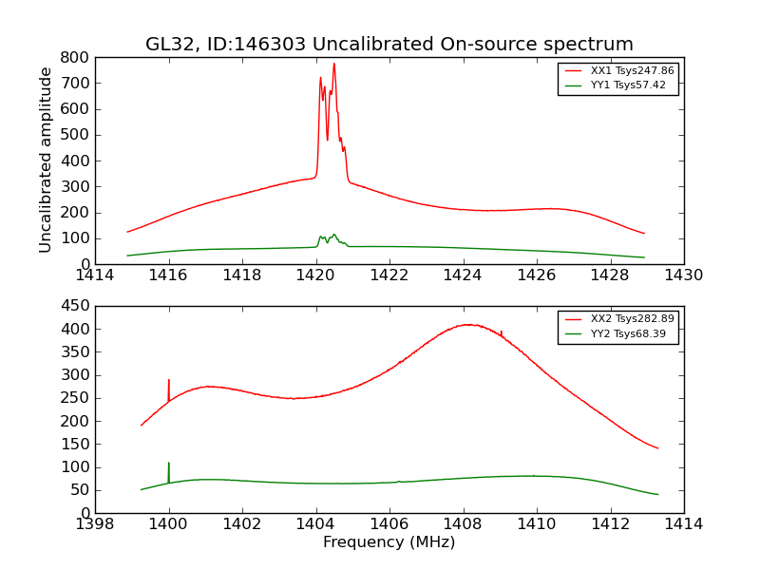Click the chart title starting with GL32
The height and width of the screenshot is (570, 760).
(389, 45)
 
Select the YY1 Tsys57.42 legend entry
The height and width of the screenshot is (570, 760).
(628, 85)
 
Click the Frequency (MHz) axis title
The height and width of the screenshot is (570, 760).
(389, 542)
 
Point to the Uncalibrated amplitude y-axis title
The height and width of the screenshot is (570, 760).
(46, 160)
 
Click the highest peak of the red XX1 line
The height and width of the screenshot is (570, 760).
(333, 64)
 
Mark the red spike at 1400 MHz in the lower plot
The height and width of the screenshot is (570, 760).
(169, 380)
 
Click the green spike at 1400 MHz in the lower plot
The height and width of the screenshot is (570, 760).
(169, 464)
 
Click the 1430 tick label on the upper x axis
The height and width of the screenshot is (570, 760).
(683, 275)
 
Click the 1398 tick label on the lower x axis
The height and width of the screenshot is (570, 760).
(96, 523)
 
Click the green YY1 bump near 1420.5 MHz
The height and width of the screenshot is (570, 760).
(333, 234)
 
